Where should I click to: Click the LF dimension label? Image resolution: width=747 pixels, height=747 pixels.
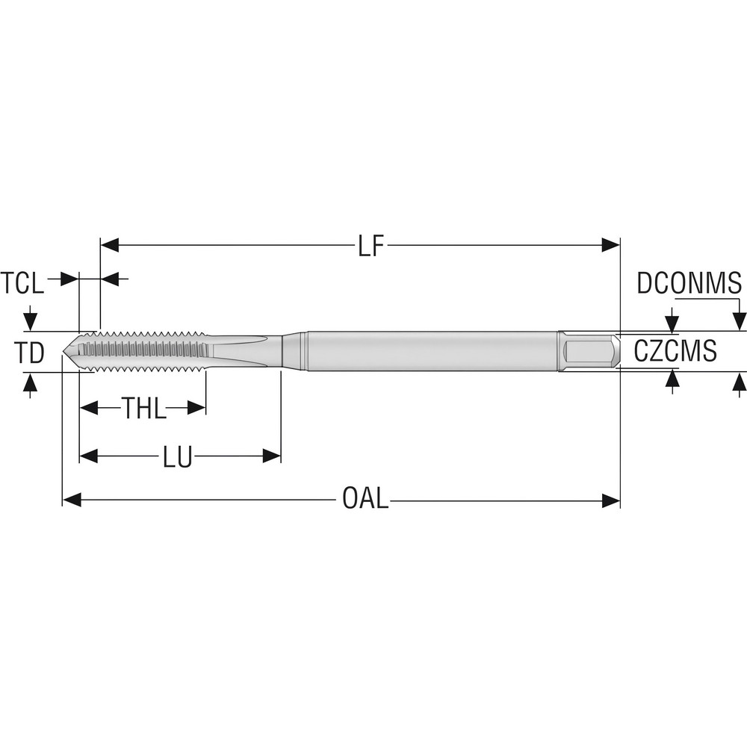370,245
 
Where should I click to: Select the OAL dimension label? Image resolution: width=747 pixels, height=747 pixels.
365,499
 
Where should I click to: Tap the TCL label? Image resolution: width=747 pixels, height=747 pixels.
22,283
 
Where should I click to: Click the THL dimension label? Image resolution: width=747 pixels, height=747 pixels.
144,409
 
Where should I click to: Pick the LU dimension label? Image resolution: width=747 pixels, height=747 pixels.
178,456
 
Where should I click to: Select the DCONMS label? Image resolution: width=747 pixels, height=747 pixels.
689,283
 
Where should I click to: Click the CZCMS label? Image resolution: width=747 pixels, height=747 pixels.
675,350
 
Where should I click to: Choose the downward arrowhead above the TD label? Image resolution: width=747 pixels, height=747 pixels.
30,322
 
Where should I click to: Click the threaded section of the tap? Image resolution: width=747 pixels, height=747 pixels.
142,350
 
